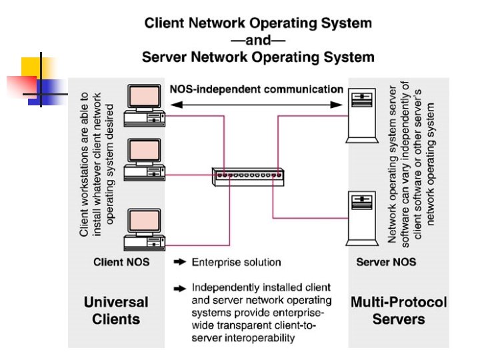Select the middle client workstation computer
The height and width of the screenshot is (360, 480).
click(x=145, y=160)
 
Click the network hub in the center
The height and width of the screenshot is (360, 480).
click(x=247, y=176)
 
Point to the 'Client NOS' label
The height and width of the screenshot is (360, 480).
click(x=121, y=262)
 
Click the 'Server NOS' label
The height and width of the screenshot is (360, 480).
click(x=386, y=262)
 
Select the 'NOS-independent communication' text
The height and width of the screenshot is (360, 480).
click(x=257, y=89)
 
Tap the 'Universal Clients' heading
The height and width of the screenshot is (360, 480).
click(x=116, y=310)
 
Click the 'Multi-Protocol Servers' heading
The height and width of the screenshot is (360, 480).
click(x=399, y=310)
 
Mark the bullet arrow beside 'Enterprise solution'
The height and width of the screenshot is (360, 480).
click(x=179, y=262)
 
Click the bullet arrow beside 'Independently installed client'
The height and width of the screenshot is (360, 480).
click(x=179, y=288)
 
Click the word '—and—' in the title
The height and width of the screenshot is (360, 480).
click(x=257, y=40)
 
